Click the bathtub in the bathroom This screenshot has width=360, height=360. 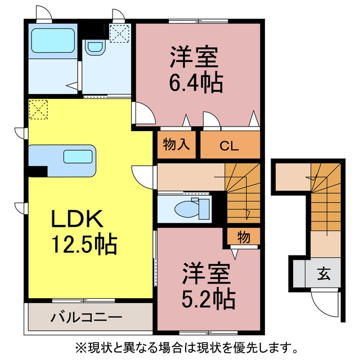click(53, 40)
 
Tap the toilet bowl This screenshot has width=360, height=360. click(186, 209)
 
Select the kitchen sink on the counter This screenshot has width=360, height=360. click(78, 156)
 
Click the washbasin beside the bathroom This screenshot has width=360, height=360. click(95, 47)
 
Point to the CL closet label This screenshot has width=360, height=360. click(229, 146)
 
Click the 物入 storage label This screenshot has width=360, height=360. click(176, 145)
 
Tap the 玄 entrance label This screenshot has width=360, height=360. click(324, 274)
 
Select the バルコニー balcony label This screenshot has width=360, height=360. click(86, 317)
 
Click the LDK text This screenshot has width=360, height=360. click(77, 219)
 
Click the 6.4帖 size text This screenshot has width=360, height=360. click(196, 82)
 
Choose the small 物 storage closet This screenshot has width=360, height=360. click(244, 236)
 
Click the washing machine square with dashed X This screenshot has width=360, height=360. click(119, 34)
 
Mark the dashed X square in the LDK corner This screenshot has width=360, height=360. click(38, 110)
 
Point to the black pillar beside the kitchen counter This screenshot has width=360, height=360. click(38, 171)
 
